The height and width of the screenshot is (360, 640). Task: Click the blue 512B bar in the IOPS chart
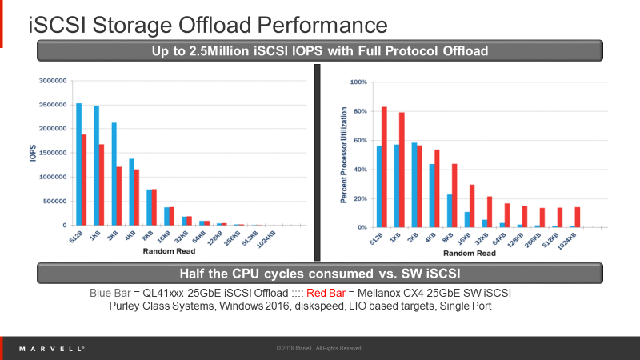click(x=78, y=164)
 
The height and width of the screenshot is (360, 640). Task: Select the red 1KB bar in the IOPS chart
click(x=102, y=185)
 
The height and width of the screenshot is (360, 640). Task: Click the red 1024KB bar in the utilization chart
click(x=577, y=218)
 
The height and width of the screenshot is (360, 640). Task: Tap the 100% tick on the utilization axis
click(x=358, y=82)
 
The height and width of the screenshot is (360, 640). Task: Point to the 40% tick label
click(x=359, y=169)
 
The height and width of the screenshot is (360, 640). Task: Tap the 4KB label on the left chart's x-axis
click(x=127, y=236)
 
